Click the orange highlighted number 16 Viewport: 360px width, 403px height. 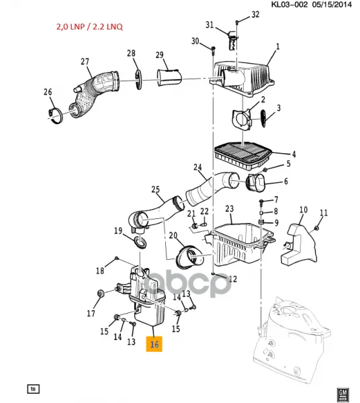[154, 344]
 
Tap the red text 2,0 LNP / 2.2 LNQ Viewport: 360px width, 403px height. [90, 27]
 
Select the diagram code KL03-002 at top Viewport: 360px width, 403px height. [289, 5]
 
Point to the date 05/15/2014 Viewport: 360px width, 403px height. [332, 5]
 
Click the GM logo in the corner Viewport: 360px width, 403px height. [343, 394]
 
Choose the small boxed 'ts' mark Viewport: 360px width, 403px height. [34, 389]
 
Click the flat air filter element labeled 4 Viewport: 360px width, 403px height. [243, 155]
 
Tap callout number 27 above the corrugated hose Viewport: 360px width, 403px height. [85, 62]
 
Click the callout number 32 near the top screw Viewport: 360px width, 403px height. [255, 14]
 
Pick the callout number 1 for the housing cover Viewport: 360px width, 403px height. [277, 46]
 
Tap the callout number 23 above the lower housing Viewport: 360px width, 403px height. [229, 208]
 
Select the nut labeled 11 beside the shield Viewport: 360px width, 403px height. [316, 228]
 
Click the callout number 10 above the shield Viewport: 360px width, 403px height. [303, 210]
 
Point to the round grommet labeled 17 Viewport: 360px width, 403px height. [101, 293]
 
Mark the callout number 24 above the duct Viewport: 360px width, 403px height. [197, 167]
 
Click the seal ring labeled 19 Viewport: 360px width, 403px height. [140, 243]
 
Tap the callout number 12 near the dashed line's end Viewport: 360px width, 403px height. [233, 279]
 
